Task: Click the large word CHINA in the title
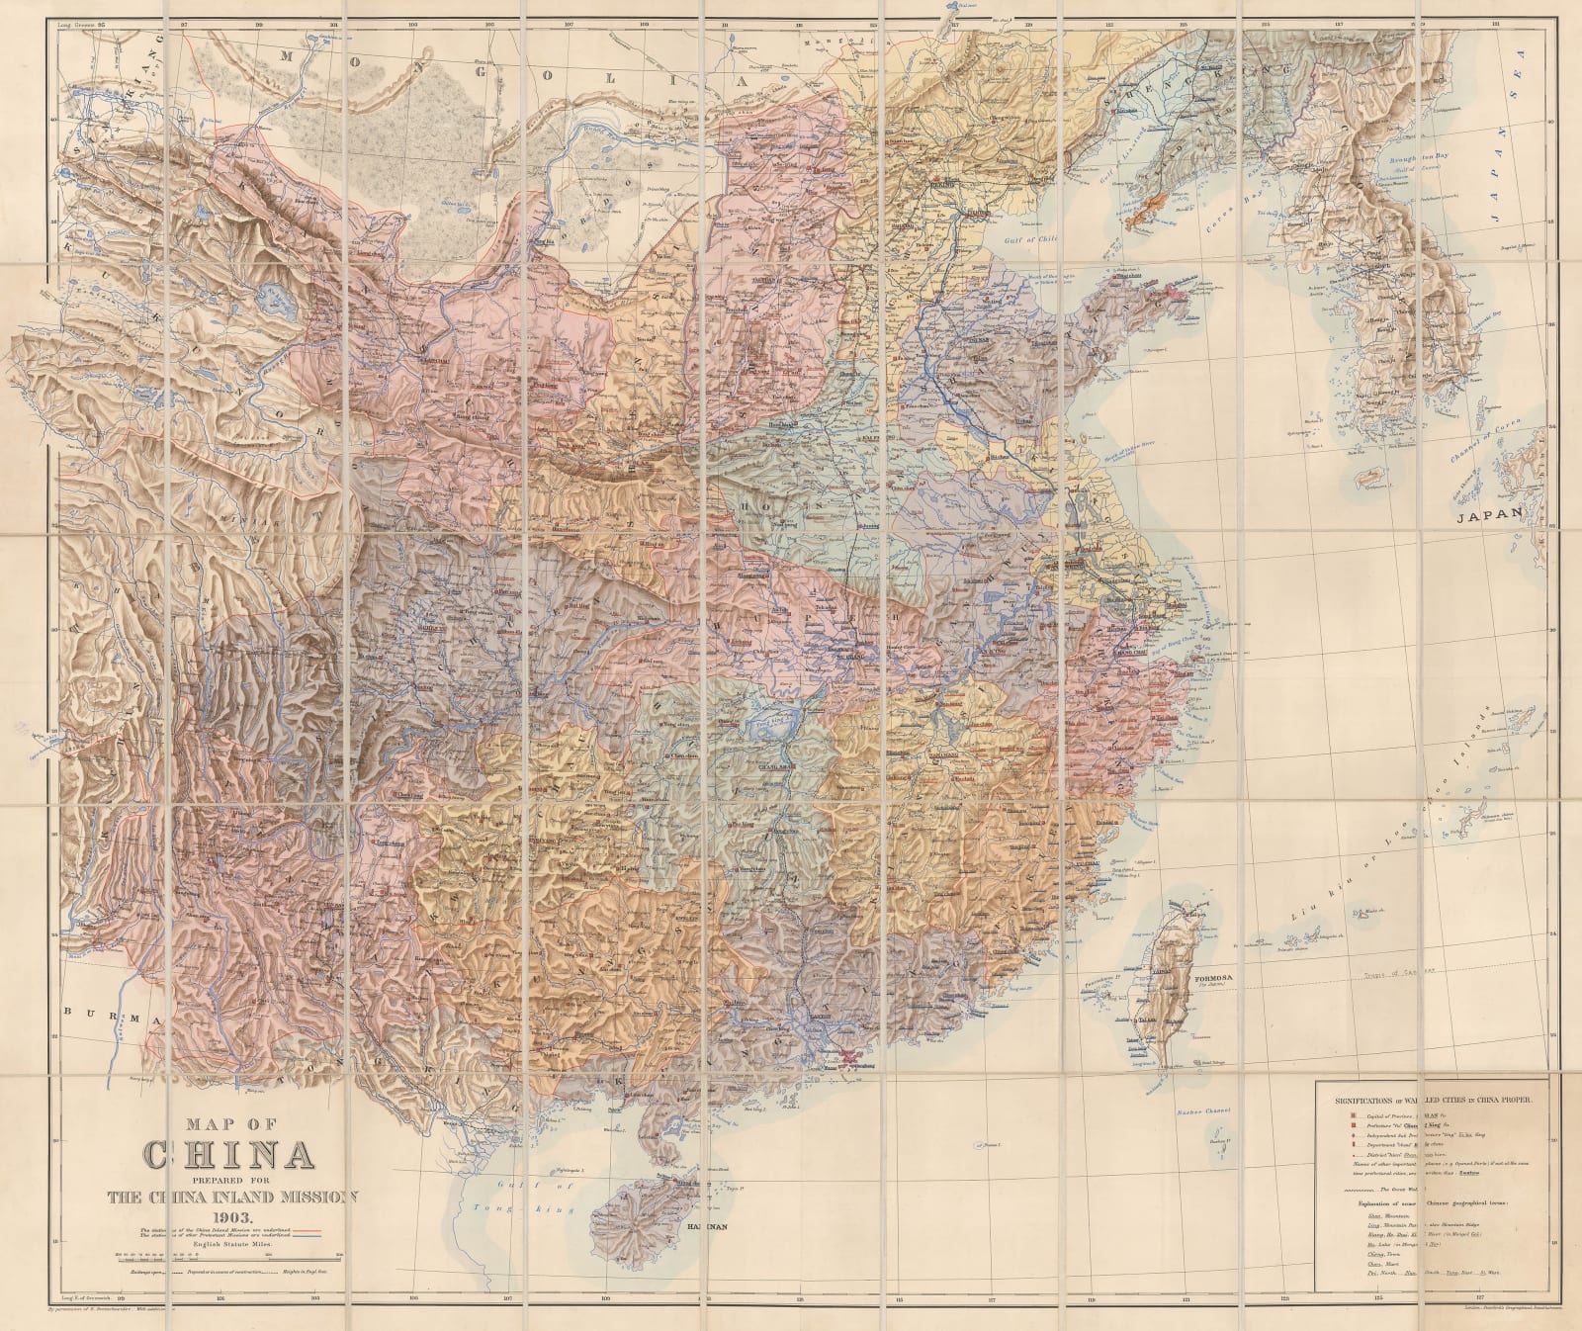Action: [229, 1154]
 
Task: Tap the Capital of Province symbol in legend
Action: [1353, 1115]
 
